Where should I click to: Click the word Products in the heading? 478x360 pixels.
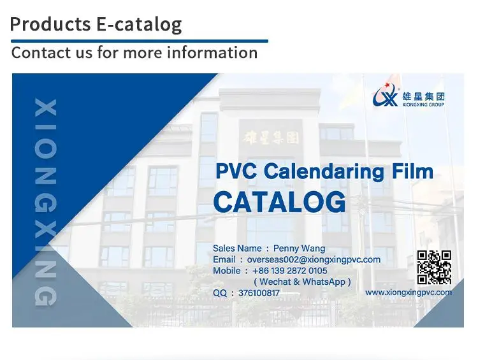[x=50, y=24]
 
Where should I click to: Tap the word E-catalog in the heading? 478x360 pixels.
[x=139, y=24]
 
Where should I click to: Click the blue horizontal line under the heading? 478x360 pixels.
[x=140, y=41]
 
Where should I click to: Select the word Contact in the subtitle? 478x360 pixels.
[x=41, y=52]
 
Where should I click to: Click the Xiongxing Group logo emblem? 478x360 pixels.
[x=385, y=94]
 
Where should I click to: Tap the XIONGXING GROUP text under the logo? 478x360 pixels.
[x=423, y=104]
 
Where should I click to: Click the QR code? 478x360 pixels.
[x=434, y=268]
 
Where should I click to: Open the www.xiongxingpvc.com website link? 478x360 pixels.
[x=409, y=292]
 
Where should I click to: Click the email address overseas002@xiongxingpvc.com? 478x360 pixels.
[x=314, y=259]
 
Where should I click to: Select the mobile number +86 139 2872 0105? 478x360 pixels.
[x=290, y=270]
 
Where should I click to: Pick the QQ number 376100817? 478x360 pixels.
[x=259, y=293]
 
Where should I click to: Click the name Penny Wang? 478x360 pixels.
[x=299, y=248]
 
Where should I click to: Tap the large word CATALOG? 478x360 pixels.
[x=280, y=202]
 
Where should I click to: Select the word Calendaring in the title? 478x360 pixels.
[x=324, y=171]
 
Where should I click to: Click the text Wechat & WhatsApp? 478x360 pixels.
[x=302, y=282]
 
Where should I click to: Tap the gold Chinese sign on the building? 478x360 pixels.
[x=271, y=137]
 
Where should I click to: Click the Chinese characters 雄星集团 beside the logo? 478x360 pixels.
[x=423, y=97]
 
